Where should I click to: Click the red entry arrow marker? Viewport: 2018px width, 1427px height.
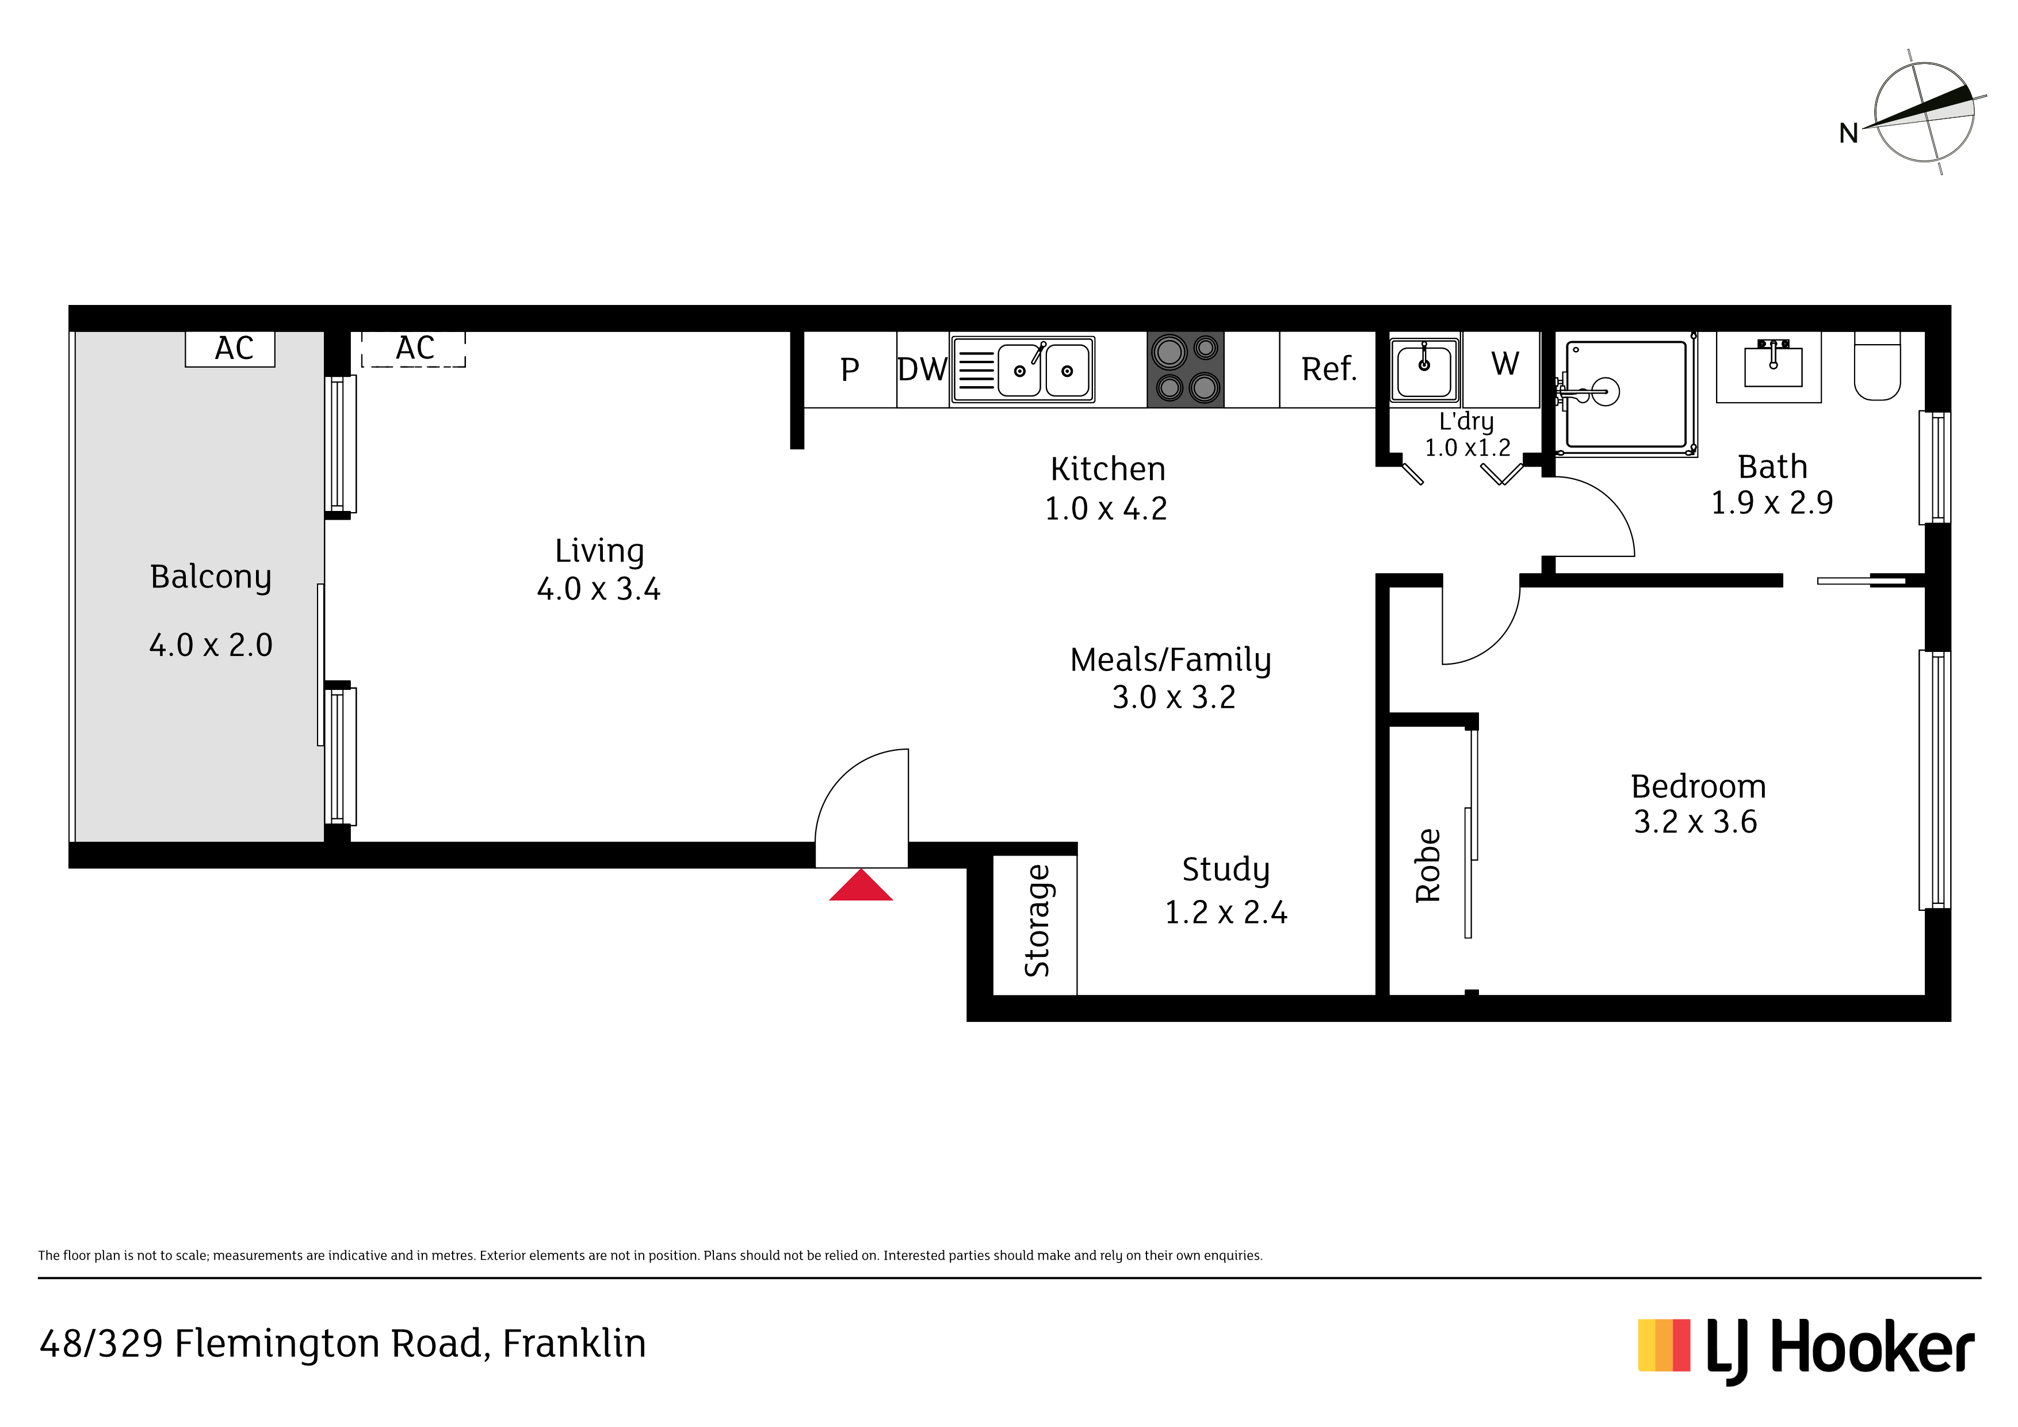[861, 886]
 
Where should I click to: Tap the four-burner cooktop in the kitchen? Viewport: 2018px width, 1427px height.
[1186, 369]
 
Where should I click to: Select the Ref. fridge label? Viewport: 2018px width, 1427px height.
[1329, 369]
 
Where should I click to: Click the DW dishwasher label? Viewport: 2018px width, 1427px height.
[923, 370]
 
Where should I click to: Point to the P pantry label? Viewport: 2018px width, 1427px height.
[850, 370]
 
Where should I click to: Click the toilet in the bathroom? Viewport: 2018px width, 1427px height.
[1878, 366]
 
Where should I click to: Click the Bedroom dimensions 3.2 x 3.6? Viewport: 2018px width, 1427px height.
[1695, 822]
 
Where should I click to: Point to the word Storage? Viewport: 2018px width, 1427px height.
[1037, 921]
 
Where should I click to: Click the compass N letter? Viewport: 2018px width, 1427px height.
[1848, 133]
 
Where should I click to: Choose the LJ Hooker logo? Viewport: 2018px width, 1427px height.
[1806, 1349]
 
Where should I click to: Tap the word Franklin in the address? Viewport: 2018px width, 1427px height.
[575, 1344]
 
